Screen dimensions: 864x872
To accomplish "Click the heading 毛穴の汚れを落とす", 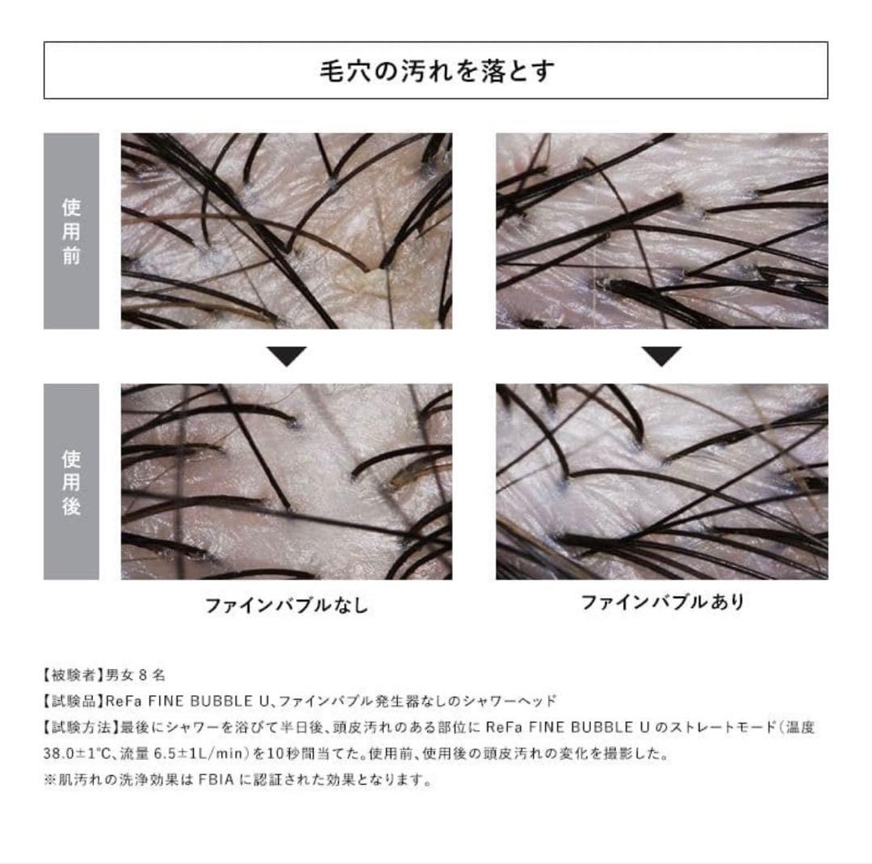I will (x=436, y=71).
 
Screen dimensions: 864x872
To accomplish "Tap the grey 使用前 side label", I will (x=71, y=231).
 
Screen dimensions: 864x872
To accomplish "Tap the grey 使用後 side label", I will (x=71, y=482).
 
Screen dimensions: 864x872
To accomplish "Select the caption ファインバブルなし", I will (x=287, y=605).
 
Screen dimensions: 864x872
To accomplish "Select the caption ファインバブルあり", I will (x=662, y=602).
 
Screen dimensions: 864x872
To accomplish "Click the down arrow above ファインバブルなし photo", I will (x=287, y=356).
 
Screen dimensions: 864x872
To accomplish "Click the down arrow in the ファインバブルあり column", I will (x=662, y=356).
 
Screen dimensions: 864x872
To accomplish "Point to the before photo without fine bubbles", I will (x=287, y=231).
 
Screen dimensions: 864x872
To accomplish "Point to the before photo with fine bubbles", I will (x=662, y=231).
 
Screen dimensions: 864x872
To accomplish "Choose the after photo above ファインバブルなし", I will (x=287, y=482).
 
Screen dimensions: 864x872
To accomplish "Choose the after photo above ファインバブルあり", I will (x=662, y=482).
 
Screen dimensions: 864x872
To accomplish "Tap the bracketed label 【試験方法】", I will (x=73, y=727).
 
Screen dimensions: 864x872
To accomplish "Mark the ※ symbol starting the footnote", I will (x=40, y=780).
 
